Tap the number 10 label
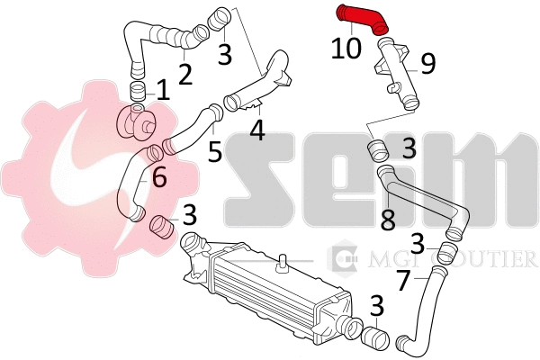(346, 48)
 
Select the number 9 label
(428, 64)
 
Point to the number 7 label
(405, 280)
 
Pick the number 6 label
(159, 176)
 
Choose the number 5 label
(215, 151)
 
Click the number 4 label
(257, 130)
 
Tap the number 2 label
(185, 74)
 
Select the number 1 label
(163, 90)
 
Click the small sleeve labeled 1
(137, 93)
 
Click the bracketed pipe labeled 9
(396, 74)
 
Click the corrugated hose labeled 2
(162, 38)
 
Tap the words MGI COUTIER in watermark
(452, 258)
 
